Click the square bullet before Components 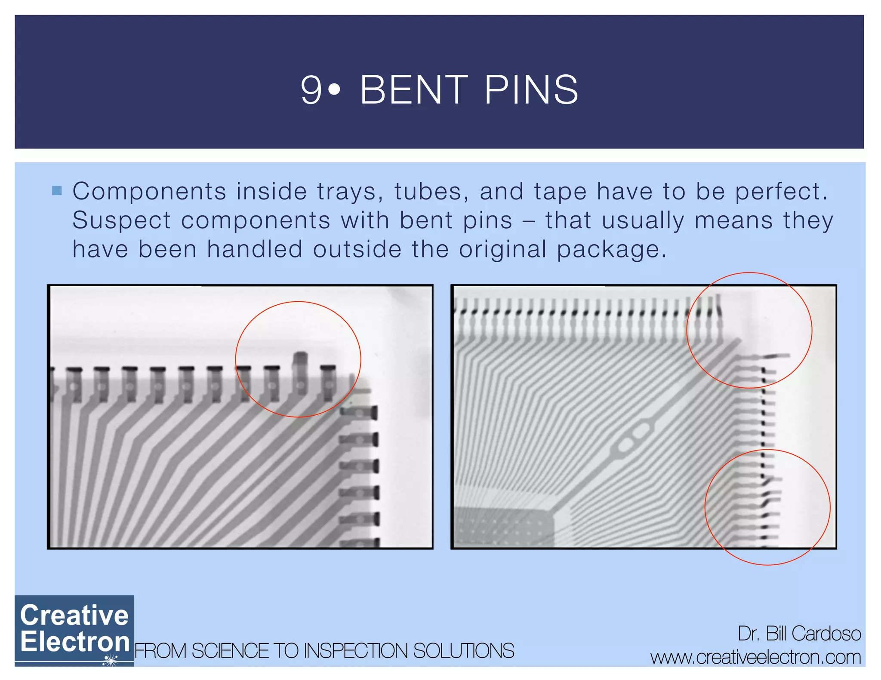tap(57, 190)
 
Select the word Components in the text tap(149, 191)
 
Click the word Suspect tap(121, 221)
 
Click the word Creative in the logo tap(74, 615)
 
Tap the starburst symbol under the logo tap(111, 660)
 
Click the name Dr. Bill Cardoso tap(799, 634)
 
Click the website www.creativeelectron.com tap(756, 657)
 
